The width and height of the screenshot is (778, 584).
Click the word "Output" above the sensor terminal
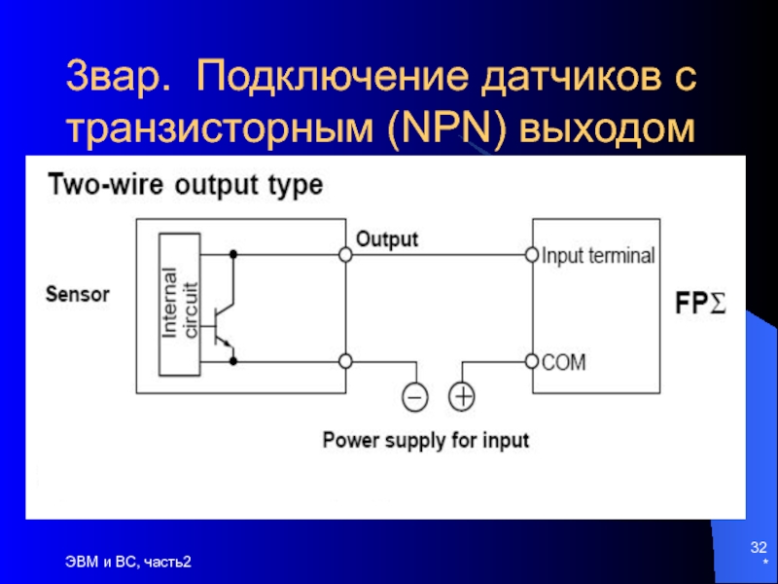coord(387,239)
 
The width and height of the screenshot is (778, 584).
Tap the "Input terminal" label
coord(598,256)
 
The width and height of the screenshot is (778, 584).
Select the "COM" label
coord(564,362)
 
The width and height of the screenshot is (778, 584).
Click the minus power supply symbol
coord(415,397)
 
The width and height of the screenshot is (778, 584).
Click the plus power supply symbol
coord(461,397)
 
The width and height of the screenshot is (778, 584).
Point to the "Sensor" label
coord(78,294)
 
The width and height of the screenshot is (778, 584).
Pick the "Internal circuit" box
coord(179,305)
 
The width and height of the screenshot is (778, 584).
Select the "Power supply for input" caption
coord(426,441)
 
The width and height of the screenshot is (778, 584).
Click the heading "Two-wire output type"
coord(185,185)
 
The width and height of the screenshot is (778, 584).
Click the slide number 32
coord(759,547)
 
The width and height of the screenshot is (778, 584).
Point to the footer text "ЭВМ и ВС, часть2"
coord(128,562)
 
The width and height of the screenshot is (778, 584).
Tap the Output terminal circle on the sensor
coord(345,255)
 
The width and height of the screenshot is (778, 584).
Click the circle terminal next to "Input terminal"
coord(532,255)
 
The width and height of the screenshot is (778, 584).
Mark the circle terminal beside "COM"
coord(532,361)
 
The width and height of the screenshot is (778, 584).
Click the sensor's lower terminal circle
coord(345,361)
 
